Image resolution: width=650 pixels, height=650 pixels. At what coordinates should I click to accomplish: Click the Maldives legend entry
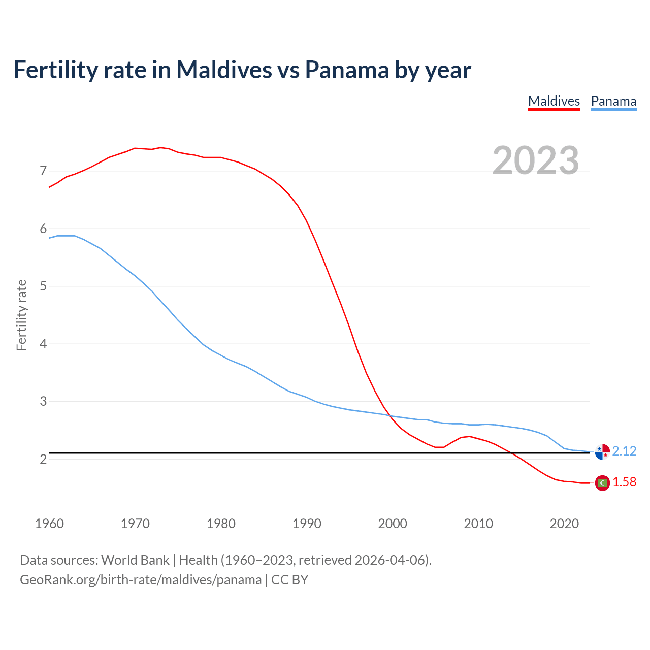pyautogui.click(x=554, y=101)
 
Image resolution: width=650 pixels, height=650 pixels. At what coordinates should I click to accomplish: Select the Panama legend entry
pyautogui.click(x=613, y=101)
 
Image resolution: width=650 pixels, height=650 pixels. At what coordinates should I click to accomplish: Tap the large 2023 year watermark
pyautogui.click(x=536, y=160)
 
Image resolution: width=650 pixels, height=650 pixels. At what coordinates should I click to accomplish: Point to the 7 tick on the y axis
pyautogui.click(x=43, y=171)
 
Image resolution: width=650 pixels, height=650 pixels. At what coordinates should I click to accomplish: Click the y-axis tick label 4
pyautogui.click(x=43, y=344)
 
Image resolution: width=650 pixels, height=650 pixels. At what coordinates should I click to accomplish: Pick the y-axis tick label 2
pyautogui.click(x=43, y=459)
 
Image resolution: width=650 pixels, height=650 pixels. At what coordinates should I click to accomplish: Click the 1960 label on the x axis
pyautogui.click(x=49, y=524)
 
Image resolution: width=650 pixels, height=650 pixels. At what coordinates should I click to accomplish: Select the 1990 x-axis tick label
pyautogui.click(x=307, y=524)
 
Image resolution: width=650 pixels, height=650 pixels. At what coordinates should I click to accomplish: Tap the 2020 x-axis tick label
pyautogui.click(x=564, y=524)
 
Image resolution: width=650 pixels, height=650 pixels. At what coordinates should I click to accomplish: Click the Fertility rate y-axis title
pyautogui.click(x=21, y=315)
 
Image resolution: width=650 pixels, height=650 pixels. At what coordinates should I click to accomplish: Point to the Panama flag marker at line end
pyautogui.click(x=602, y=451)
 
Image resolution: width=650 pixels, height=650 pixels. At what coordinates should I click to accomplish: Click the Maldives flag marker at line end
pyautogui.click(x=602, y=483)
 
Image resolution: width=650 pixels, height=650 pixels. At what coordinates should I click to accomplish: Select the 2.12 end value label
pyautogui.click(x=624, y=451)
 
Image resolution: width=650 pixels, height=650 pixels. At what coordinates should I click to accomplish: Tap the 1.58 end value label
pyautogui.click(x=624, y=482)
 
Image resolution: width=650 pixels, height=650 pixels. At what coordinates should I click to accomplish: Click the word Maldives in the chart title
pyautogui.click(x=224, y=70)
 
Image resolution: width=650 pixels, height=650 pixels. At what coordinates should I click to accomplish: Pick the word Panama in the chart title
pyautogui.click(x=347, y=70)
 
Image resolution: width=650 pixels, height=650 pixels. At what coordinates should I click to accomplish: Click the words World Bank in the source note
pyautogui.click(x=135, y=560)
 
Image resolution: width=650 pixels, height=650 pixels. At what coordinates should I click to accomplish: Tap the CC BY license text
pyautogui.click(x=289, y=580)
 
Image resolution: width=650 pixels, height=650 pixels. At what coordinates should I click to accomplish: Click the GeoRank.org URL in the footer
pyautogui.click(x=141, y=580)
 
